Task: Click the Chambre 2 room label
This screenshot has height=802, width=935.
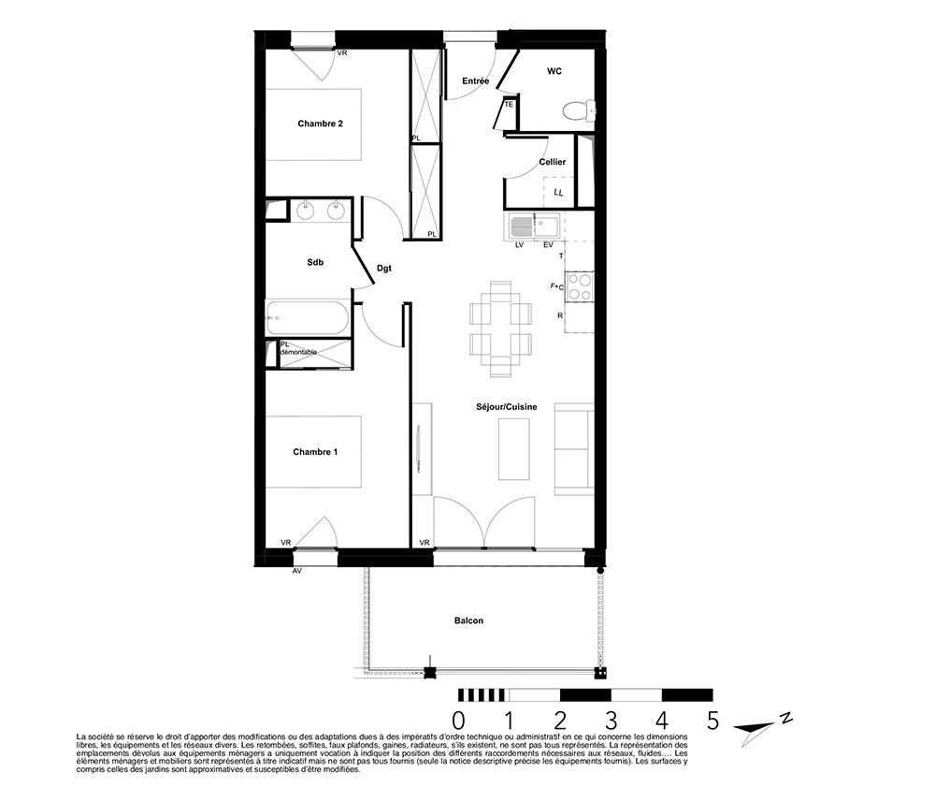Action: [x=320, y=124]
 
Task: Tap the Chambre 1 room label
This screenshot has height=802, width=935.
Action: [x=315, y=452]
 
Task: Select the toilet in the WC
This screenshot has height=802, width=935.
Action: [x=578, y=109]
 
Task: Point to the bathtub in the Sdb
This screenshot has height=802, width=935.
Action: [x=307, y=317]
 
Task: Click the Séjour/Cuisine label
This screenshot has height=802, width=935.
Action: [x=506, y=407]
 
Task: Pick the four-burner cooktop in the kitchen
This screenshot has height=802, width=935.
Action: [x=579, y=286]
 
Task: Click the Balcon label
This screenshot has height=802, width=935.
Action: [x=468, y=620]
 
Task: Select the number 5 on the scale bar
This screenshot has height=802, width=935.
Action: [x=712, y=721]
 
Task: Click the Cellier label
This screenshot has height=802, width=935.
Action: [x=553, y=162]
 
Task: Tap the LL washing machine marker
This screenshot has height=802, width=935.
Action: [x=558, y=192]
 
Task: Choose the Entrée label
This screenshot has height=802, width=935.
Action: [x=475, y=81]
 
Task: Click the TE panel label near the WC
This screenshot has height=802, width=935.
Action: [x=509, y=105]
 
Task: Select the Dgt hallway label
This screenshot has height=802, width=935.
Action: [x=384, y=269]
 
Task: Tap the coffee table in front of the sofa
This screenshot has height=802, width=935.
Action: [x=513, y=449]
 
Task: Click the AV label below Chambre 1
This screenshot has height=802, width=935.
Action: [x=297, y=571]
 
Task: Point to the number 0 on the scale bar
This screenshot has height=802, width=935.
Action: [x=458, y=721]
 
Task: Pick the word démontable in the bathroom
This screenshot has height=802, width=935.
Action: [x=298, y=352]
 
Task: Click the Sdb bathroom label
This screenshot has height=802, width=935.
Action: [x=315, y=262]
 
